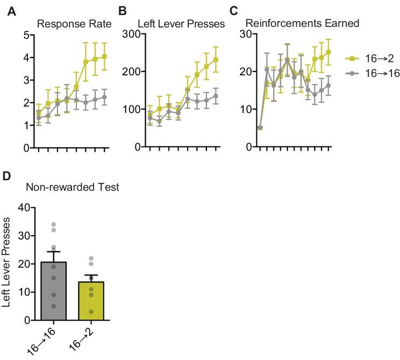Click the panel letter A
coord(11,11)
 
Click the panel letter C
coord(233,11)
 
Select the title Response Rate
coord(74,24)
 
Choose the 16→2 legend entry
coord(376,58)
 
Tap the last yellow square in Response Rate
coord(104,57)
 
